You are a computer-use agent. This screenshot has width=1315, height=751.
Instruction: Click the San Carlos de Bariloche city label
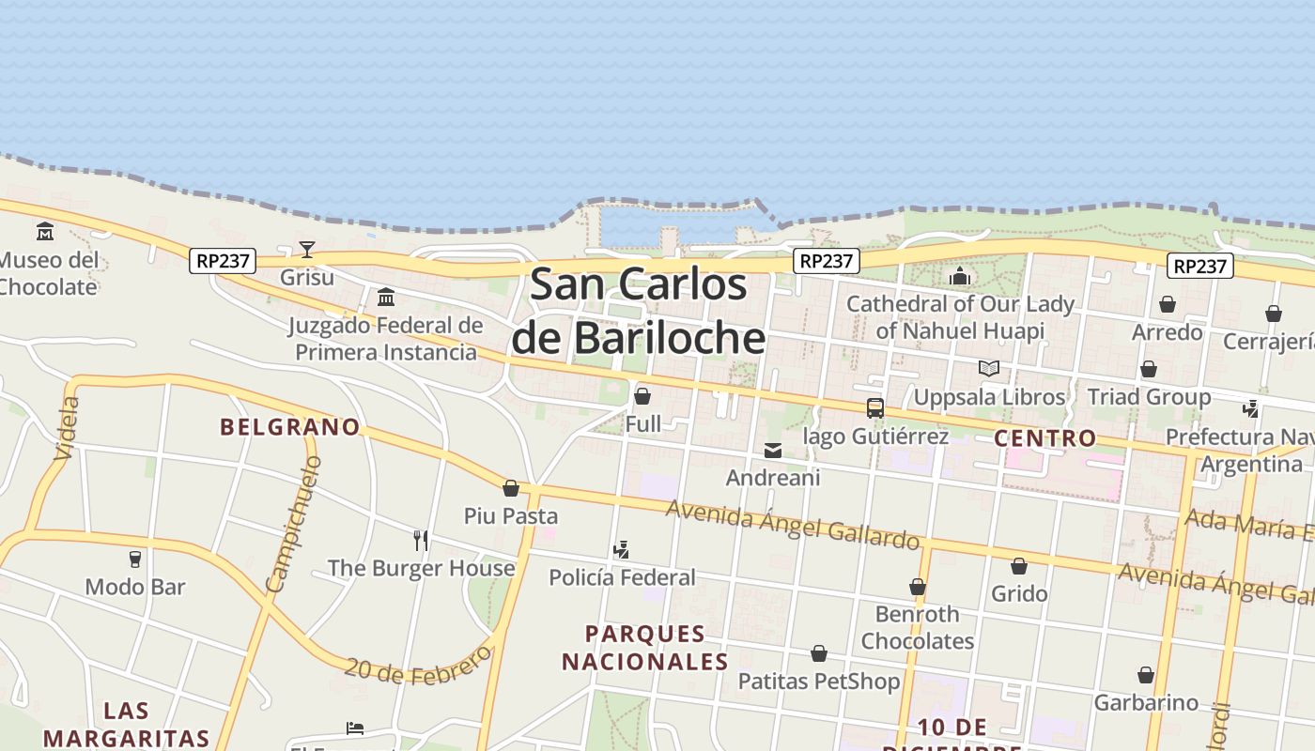coord(639,311)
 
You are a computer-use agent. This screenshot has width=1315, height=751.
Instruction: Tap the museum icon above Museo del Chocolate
coord(45,231)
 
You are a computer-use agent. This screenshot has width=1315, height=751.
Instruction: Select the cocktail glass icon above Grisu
coord(307,249)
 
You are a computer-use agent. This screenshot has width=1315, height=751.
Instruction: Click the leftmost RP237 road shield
coord(223,261)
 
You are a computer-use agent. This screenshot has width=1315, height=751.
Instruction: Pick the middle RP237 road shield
coord(827,261)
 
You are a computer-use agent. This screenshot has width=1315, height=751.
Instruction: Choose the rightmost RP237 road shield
coord(1200,267)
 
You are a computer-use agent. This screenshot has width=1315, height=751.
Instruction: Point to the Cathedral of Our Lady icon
coord(959,276)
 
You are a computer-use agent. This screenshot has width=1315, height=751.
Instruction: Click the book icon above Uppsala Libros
coord(988,368)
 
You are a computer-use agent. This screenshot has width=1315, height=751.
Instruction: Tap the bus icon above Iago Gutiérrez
coord(875,407)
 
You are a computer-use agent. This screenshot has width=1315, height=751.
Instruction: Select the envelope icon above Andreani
coord(773,451)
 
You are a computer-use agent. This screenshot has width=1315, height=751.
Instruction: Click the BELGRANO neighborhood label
coord(290,427)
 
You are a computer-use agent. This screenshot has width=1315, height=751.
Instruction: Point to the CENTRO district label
coord(1044,437)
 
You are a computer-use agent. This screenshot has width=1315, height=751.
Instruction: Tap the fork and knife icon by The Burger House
coord(421,540)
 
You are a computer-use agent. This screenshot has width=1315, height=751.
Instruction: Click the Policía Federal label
coord(622,577)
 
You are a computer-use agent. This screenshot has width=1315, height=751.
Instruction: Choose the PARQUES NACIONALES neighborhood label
coord(645,648)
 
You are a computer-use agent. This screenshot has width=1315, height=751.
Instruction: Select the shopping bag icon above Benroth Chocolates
coord(918,587)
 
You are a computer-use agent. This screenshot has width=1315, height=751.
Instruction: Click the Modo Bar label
coord(135,588)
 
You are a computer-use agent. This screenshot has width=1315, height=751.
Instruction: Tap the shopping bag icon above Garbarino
coord(1146,675)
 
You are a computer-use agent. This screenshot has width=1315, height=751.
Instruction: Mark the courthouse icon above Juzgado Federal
coord(385,298)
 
